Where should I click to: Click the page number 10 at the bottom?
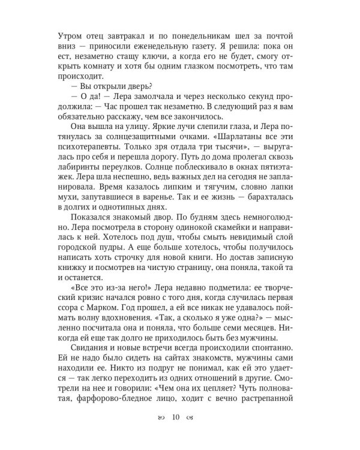[176, 418]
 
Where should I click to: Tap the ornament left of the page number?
[158, 418]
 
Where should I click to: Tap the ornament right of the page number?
[193, 418]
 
